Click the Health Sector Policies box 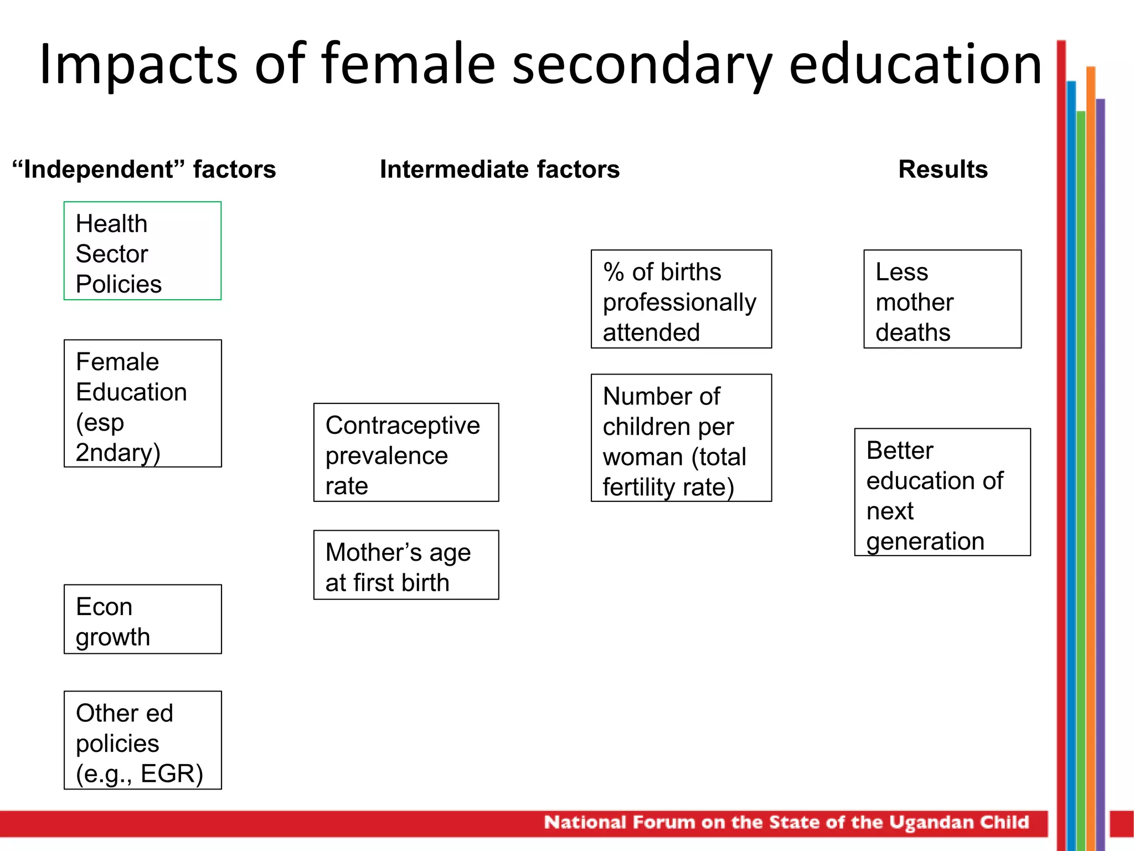coord(142,251)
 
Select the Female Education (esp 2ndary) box coord(142,403)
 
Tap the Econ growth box coord(142,619)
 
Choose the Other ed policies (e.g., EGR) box coord(142,740)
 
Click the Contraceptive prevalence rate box coord(406,453)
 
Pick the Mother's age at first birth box coord(406,565)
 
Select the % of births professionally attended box coord(681,299)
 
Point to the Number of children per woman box coord(681,438)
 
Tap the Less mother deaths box coord(942,299)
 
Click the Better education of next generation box coord(942,492)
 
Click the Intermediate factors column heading coord(499,170)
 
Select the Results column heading coord(943,170)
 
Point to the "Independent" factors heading coord(144,170)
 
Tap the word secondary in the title coord(642,65)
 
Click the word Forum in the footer coord(663,822)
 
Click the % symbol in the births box coord(614,272)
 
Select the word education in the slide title coord(915,64)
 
